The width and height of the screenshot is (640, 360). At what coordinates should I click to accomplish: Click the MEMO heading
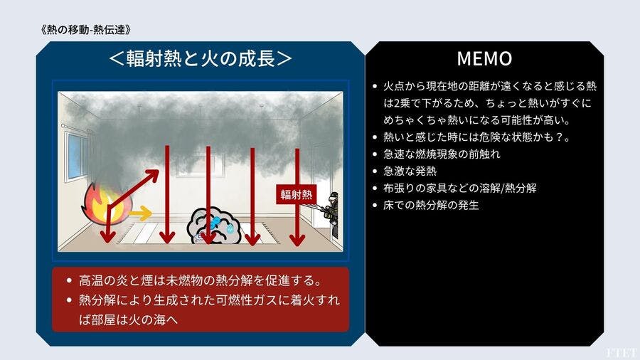484,58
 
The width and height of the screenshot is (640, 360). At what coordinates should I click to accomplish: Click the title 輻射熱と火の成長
201,58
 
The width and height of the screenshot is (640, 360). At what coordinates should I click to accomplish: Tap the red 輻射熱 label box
296,194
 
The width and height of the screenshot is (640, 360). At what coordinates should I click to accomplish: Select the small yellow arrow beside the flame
140,213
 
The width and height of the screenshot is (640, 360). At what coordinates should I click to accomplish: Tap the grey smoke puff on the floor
213,226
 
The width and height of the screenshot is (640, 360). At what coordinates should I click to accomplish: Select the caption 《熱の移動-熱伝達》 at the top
86,30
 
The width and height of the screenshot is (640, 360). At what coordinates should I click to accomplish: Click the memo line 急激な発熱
410,171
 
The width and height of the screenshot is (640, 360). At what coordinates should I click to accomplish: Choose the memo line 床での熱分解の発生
431,205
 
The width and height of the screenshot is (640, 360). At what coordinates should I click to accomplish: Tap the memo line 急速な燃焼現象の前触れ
442,154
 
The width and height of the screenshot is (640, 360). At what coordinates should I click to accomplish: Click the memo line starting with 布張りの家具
459,188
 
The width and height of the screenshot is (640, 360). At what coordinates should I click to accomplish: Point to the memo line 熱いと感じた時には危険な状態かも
476,137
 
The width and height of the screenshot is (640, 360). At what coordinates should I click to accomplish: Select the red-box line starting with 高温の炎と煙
201,280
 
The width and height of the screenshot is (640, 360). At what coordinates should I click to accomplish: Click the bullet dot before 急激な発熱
375,171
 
